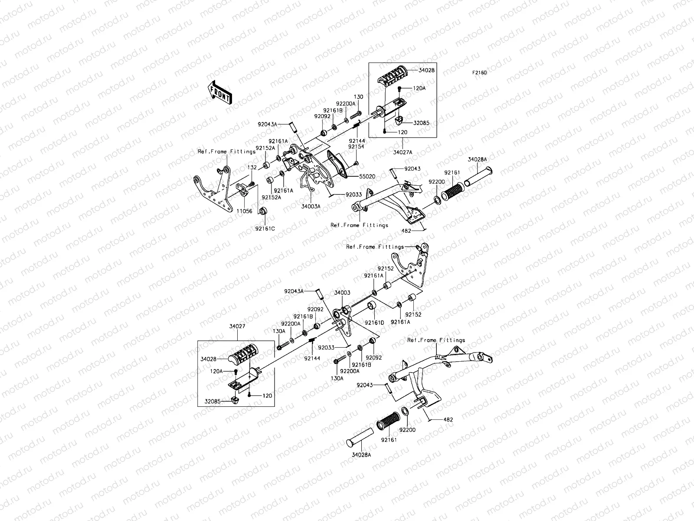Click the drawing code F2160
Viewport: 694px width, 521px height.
coord(480,73)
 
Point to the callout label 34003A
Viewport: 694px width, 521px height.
coord(311,207)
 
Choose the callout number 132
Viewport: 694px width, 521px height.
coord(252,167)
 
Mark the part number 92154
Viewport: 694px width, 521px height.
coord(356,147)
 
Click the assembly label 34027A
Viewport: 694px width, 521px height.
coord(403,152)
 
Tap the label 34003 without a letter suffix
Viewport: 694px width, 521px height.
coord(342,293)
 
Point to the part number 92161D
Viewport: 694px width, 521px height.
coord(374,323)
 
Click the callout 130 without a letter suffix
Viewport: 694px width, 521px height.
coord(358,97)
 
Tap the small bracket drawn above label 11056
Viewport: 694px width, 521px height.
coord(243,190)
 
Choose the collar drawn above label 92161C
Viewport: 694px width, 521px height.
coord(262,211)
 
